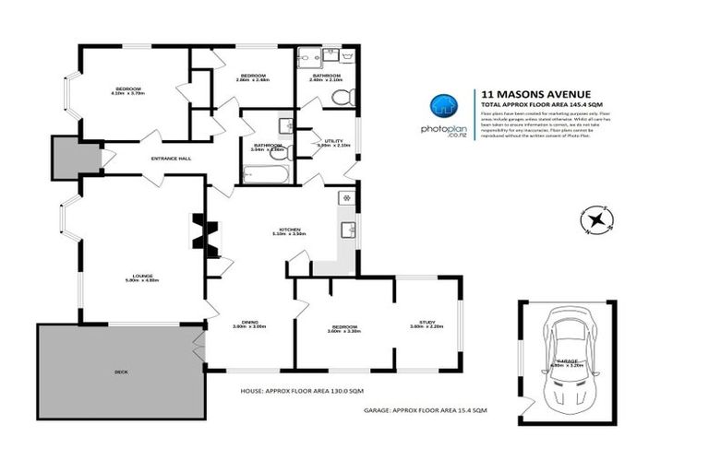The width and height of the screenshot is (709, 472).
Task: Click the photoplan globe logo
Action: [x=444, y=108]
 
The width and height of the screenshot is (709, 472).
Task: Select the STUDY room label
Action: [x=427, y=323]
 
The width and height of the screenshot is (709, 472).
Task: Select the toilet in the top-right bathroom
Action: [x=352, y=97]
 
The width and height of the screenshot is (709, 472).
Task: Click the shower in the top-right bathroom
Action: [x=307, y=58]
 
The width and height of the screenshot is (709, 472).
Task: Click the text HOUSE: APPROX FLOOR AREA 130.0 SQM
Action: [x=292, y=391]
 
